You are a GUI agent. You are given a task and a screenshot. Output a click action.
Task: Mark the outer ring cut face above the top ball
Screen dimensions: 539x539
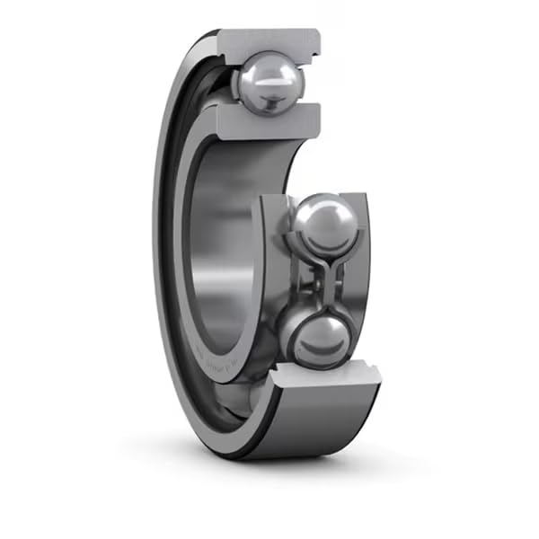[x=268, y=40]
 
